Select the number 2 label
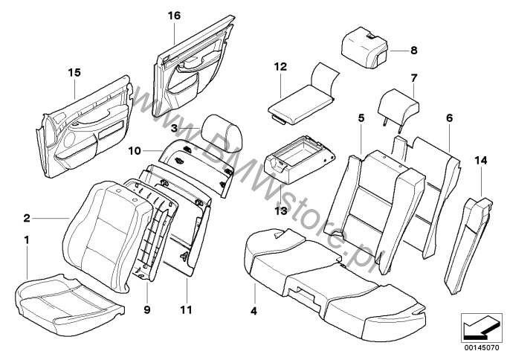tap(27, 218)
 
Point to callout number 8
tap(414, 51)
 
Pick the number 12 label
tap(280, 67)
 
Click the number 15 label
tap(73, 72)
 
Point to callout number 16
tap(173, 15)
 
